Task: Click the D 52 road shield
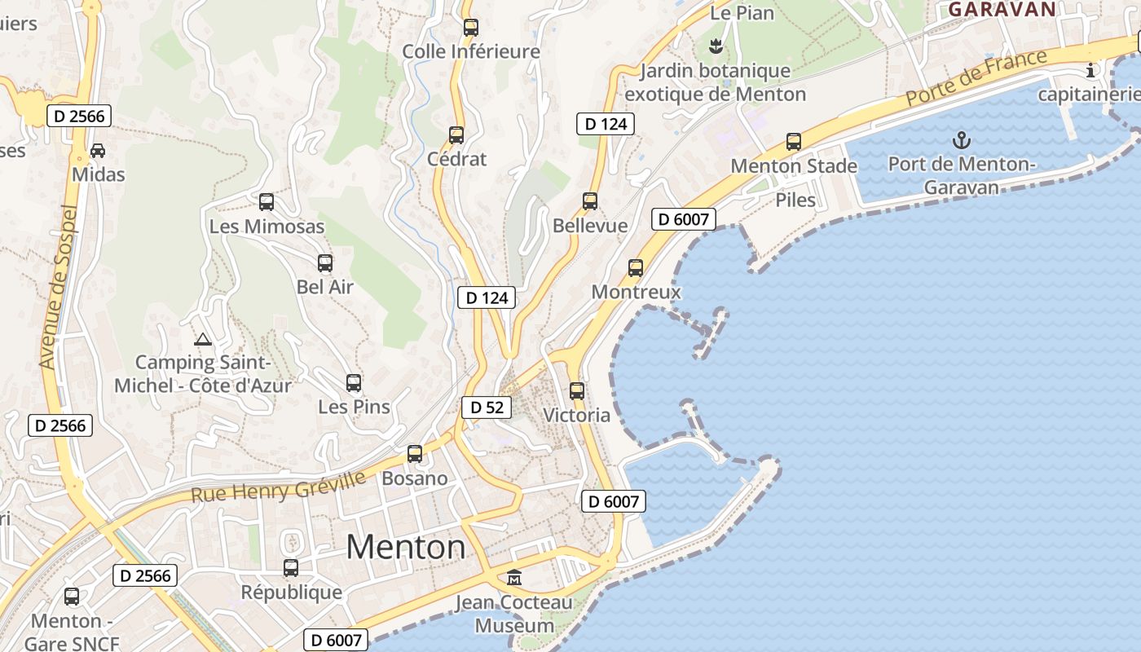tap(487, 407)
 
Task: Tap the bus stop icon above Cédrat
tap(456, 135)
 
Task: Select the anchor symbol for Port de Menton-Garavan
tap(962, 140)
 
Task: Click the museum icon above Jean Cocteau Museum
tap(514, 578)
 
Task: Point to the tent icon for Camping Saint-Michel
tap(203, 339)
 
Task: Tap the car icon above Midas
tap(98, 151)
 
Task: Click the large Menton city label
tap(406, 546)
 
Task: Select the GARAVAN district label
tap(1002, 10)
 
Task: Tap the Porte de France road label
tap(976, 77)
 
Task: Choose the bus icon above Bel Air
tap(325, 263)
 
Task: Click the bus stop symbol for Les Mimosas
tap(267, 202)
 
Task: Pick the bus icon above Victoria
tap(577, 391)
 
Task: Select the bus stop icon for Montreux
tap(636, 268)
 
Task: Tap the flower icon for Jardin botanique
tap(716, 46)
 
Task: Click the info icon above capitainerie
tap(1090, 71)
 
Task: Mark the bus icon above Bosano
tap(415, 454)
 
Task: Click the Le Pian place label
tap(742, 13)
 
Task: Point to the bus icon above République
tap(291, 568)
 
